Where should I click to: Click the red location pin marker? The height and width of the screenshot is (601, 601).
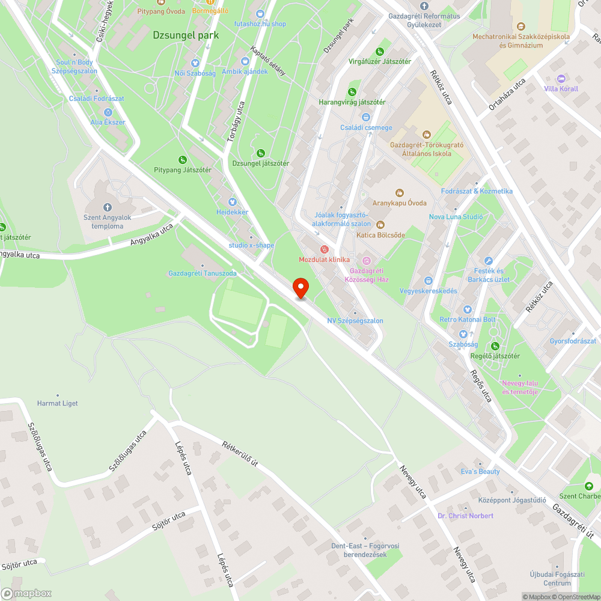tap(300, 288)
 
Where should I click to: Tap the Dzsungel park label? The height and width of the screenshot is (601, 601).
tap(186, 35)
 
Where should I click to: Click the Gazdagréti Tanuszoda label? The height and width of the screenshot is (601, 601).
tap(203, 273)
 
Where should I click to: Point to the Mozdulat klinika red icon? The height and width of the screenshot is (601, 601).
tap(325, 249)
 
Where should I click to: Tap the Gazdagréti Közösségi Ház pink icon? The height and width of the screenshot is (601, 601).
tap(367, 260)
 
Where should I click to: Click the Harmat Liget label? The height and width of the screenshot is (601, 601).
tap(58, 403)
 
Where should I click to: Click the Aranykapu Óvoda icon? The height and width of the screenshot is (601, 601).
tap(400, 193)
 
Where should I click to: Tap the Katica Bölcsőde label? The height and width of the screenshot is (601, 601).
tap(380, 235)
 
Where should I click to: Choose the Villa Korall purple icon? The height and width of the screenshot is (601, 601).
tap(561, 79)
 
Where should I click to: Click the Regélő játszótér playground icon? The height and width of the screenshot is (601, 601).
tap(495, 346)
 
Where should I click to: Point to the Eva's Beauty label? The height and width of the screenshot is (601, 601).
tap(480, 471)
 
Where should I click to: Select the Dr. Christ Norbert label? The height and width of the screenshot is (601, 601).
tap(465, 516)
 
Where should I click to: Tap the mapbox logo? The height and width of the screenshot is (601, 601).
tap(26, 593)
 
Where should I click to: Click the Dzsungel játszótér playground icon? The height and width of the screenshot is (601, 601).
tap(260, 153)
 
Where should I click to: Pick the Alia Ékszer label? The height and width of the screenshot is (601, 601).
tap(108, 122)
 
